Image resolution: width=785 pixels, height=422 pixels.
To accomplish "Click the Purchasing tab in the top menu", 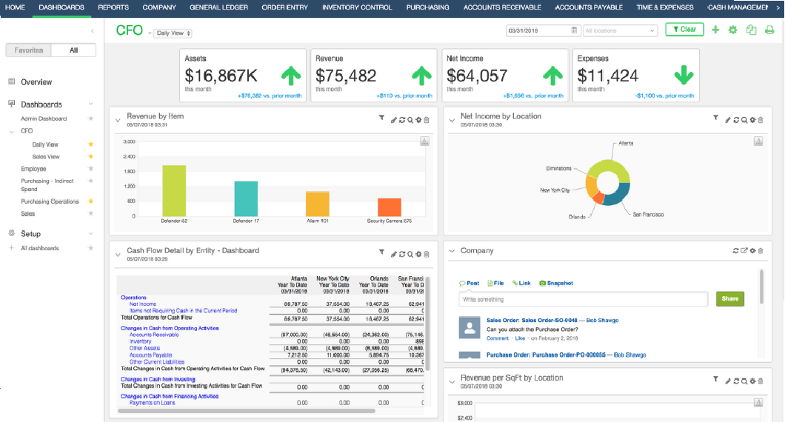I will (x=427, y=7).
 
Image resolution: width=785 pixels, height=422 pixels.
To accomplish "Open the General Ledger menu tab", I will (x=219, y=7).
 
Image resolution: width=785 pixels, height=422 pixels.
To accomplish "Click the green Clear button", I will (x=684, y=30).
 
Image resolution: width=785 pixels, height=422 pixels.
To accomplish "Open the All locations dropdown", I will (x=620, y=30).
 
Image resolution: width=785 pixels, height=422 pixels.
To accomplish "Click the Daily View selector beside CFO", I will (x=173, y=33).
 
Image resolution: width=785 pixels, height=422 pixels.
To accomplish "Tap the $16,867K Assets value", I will (x=221, y=76).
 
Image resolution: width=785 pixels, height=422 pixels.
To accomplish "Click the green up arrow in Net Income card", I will (x=552, y=76).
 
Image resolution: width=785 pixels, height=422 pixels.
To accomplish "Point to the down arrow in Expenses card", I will (x=684, y=76).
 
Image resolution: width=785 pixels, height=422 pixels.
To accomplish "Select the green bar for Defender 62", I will (x=174, y=190).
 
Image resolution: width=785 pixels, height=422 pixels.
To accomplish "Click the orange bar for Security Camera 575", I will (x=390, y=207).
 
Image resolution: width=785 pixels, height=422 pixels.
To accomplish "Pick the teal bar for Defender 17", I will (x=246, y=198).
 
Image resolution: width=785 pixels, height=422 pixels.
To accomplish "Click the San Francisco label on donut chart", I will (x=648, y=214).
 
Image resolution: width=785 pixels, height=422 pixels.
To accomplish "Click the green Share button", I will (x=729, y=299).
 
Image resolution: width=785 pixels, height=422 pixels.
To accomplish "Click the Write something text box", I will (x=583, y=300).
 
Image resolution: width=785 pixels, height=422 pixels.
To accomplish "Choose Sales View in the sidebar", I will (x=46, y=157).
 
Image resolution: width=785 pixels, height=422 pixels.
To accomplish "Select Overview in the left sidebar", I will (x=36, y=82).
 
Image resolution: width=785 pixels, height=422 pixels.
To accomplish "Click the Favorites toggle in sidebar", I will (x=29, y=50).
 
